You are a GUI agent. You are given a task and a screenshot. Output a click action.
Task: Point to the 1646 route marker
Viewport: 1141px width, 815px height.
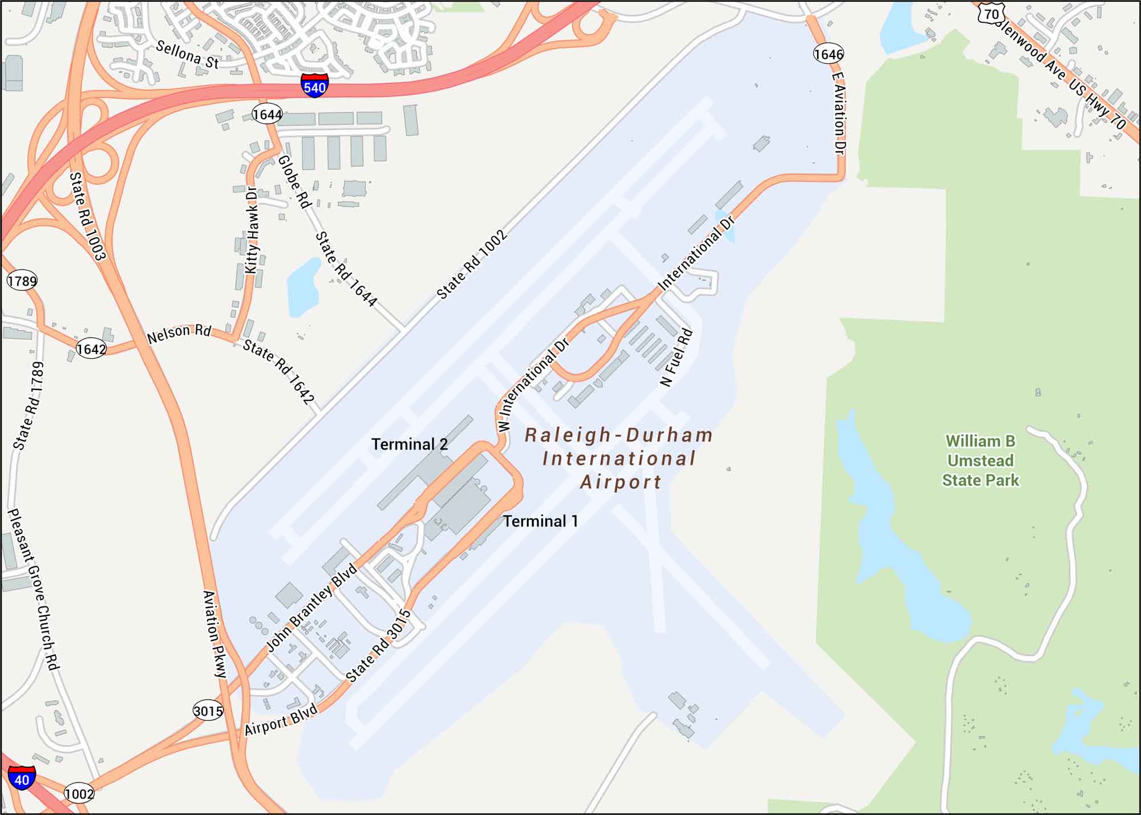(x=828, y=54)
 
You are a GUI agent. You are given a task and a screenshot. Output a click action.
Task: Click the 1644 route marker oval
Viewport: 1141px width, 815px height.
(x=267, y=115)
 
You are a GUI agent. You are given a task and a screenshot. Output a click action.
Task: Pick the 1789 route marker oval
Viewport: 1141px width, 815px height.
(x=22, y=281)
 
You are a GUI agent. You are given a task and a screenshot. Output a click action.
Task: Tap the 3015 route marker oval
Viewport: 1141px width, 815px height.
(x=208, y=711)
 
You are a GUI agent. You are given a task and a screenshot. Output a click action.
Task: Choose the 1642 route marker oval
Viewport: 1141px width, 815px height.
(x=91, y=348)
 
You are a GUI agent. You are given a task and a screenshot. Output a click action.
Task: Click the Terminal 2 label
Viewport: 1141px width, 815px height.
(x=410, y=444)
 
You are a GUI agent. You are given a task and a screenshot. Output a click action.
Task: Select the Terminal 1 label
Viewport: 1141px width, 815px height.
(x=540, y=521)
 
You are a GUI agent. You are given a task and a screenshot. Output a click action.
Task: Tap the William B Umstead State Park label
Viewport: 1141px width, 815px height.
(x=980, y=461)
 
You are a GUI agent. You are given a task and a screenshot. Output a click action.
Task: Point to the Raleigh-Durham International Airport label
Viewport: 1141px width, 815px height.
(x=619, y=459)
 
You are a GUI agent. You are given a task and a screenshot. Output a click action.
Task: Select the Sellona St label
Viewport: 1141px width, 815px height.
(x=187, y=55)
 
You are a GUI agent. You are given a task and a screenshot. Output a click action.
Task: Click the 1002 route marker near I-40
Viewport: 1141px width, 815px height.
(x=79, y=793)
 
